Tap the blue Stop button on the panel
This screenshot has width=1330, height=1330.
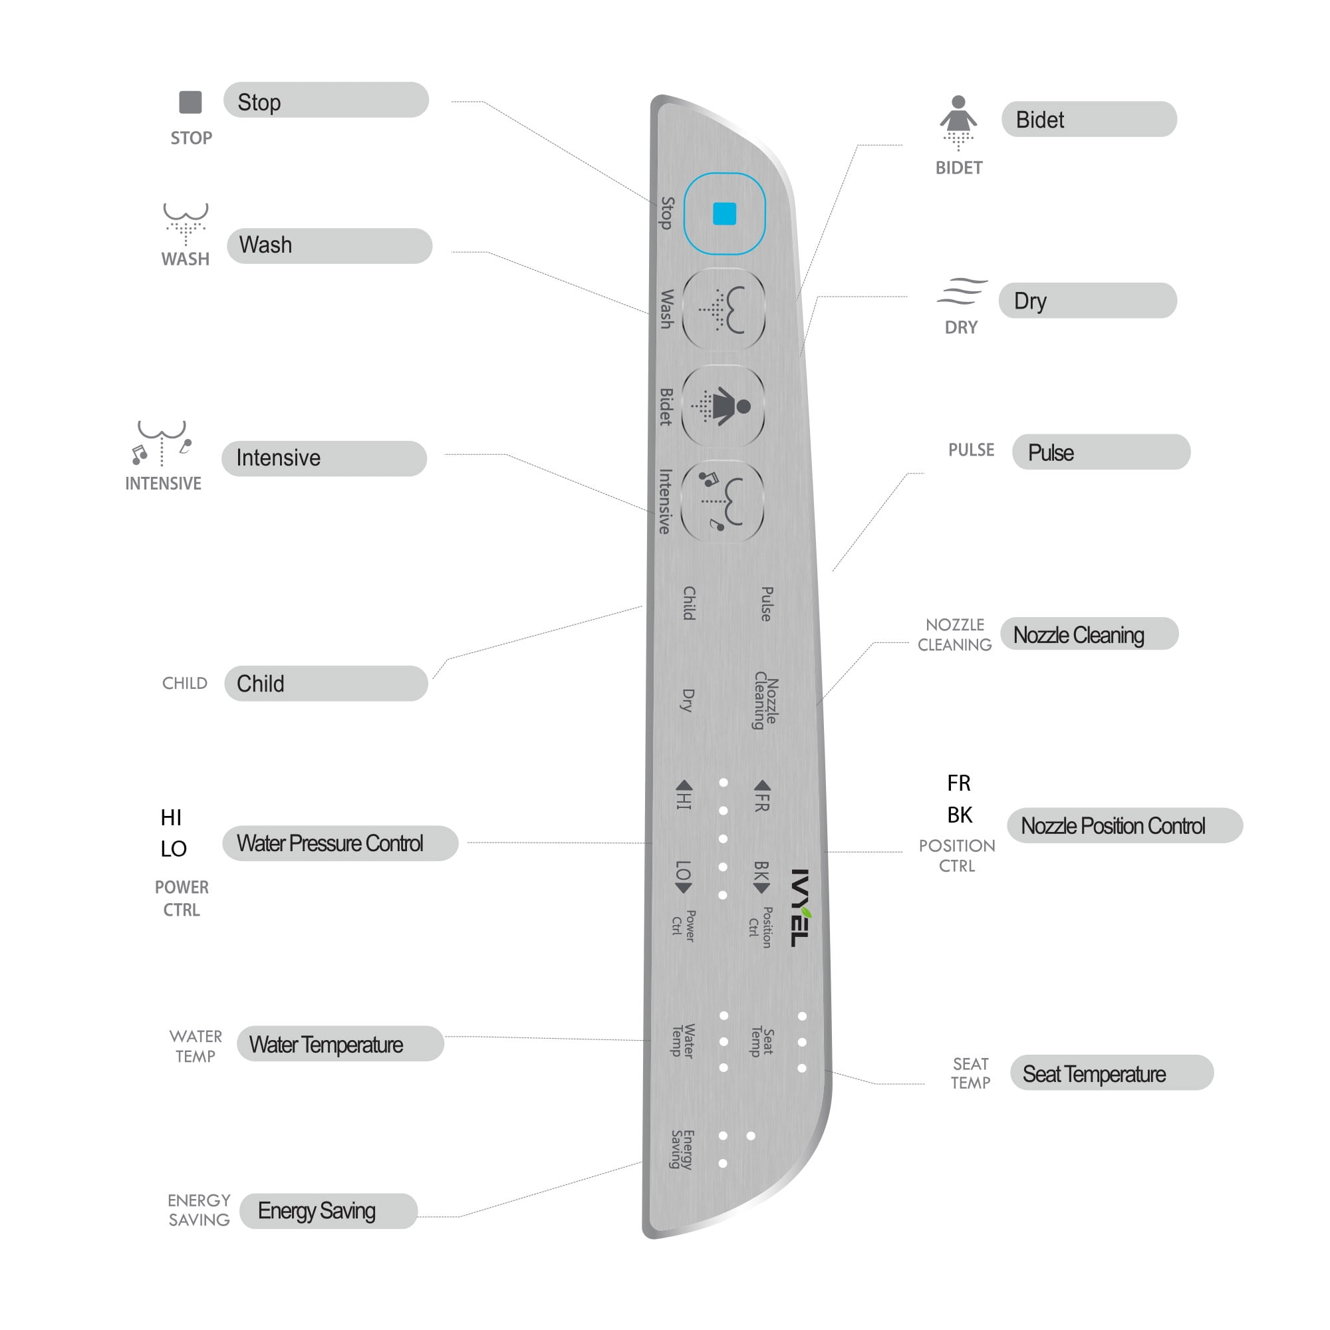[724, 213]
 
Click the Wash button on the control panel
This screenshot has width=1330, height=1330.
[724, 309]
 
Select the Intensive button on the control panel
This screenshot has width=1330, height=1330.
[722, 501]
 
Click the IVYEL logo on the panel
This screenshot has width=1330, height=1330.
[800, 907]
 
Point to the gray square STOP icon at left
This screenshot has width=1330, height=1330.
[190, 102]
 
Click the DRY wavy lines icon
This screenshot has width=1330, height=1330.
[962, 291]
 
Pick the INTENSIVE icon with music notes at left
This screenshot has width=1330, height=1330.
[162, 443]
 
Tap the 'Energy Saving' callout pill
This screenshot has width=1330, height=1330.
[329, 1211]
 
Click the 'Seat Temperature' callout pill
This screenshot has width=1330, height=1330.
[1112, 1073]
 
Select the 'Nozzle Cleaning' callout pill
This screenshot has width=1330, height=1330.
[1089, 633]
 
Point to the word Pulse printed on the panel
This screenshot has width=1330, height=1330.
[766, 604]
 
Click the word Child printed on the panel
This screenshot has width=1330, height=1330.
[689, 603]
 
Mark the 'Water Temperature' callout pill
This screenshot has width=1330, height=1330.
[340, 1043]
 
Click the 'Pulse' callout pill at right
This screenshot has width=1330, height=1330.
[1101, 452]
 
